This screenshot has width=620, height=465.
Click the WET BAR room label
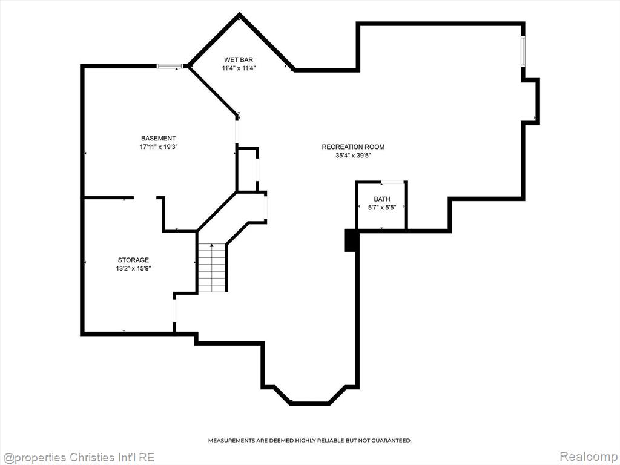tap(239, 60)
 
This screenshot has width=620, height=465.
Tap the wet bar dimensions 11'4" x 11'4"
tap(239, 68)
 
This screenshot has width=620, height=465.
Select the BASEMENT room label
tap(159, 139)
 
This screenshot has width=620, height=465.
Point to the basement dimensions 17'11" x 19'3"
tap(159, 147)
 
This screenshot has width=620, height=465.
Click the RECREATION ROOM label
tap(353, 147)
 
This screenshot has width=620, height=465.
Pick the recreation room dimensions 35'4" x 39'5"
tap(353, 156)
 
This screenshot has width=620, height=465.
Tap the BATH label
tap(382, 199)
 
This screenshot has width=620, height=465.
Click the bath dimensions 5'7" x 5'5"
tap(382, 207)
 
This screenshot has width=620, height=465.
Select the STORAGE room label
tap(133, 260)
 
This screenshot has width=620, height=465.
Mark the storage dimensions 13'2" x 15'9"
tap(133, 268)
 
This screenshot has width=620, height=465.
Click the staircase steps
tap(212, 268)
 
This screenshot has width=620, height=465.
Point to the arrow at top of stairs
tap(212, 246)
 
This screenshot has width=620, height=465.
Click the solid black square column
tap(351, 240)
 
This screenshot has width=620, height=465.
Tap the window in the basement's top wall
tap(170, 66)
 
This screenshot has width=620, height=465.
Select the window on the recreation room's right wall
tap(523, 51)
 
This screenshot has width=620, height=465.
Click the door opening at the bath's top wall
tap(392, 182)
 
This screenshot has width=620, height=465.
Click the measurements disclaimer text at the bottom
tap(309, 440)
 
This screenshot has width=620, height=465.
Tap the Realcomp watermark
tap(587, 457)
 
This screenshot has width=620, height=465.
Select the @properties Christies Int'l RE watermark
tap(78, 458)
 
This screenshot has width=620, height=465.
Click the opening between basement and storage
tap(145, 197)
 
